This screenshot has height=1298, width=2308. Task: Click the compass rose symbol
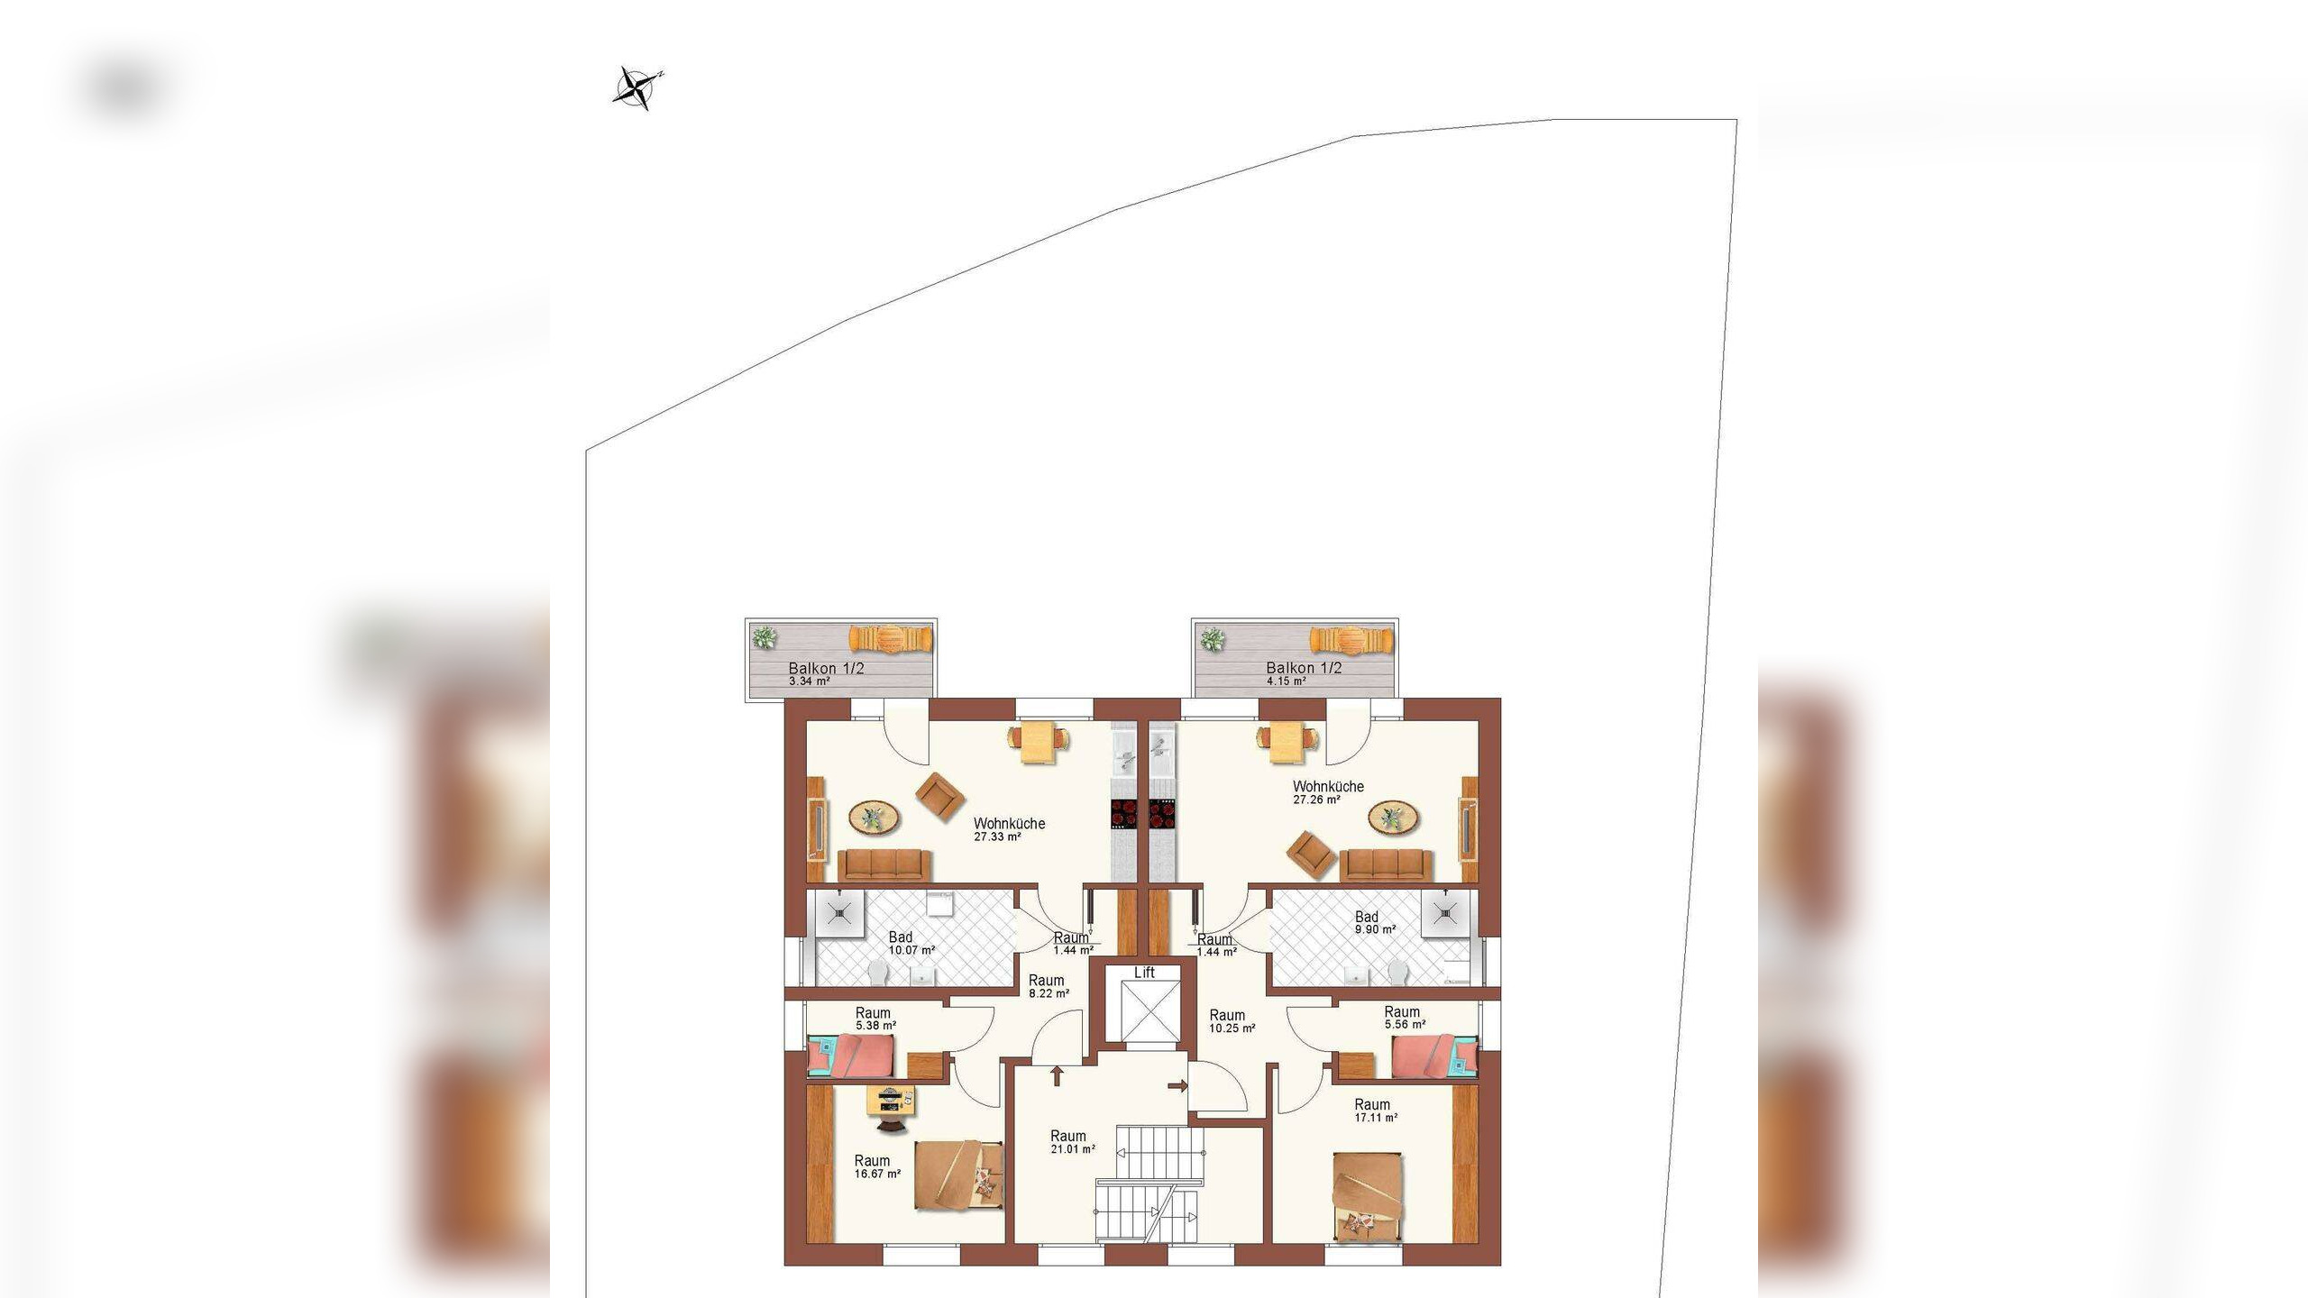pyautogui.click(x=638, y=88)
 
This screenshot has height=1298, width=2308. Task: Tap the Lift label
pyautogui.click(x=1144, y=973)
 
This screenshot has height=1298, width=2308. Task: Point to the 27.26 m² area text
pyautogui.click(x=1316, y=800)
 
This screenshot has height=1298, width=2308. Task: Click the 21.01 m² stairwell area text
pyautogui.click(x=1073, y=1149)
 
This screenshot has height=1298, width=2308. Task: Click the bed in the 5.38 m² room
pyautogui.click(x=851, y=1056)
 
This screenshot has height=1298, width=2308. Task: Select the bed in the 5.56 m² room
pyautogui.click(x=1435, y=1056)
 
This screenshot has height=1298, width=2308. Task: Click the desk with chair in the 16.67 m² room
pyautogui.click(x=892, y=1108)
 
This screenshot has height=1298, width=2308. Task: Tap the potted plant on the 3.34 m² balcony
pyautogui.click(x=765, y=637)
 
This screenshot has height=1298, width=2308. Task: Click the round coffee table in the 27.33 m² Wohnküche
pyautogui.click(x=874, y=818)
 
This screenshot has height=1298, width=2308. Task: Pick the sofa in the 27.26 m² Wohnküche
pyautogui.click(x=1386, y=865)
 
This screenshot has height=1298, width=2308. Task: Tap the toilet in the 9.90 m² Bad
pyautogui.click(x=1398, y=972)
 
